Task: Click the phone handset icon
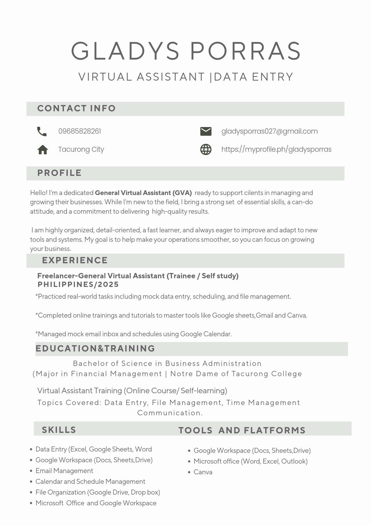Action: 42,132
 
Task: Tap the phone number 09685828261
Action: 79,131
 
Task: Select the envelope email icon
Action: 206,131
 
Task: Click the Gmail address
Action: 269,131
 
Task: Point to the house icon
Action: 43,150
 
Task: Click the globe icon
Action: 206,150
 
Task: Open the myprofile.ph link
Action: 276,149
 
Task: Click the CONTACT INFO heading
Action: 76,108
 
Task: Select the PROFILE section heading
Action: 60,173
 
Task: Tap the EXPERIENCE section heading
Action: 75,260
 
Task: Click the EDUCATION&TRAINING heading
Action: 95,349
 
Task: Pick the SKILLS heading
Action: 59,430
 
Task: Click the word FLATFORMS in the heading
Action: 275,430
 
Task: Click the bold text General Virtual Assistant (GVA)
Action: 143,193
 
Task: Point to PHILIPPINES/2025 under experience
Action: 78,285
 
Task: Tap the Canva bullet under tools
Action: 203,472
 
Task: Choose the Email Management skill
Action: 64,471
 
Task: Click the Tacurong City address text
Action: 81,149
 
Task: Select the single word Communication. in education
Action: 170,413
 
